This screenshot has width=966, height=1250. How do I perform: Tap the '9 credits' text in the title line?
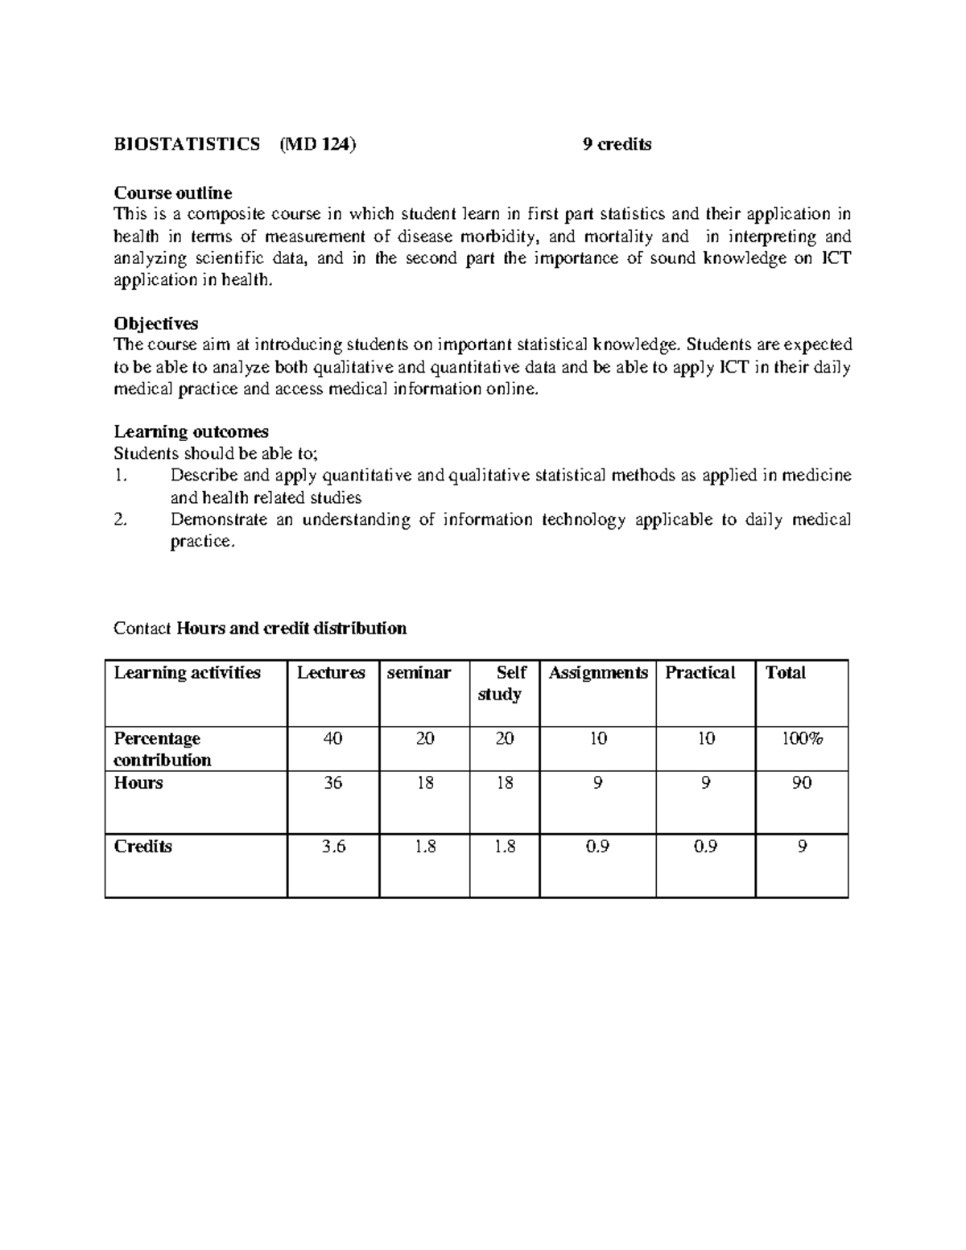[617, 145]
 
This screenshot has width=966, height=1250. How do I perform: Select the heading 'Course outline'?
[173, 193]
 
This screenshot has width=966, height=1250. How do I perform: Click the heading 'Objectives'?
[156, 324]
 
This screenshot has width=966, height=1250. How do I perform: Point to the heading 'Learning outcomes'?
[192, 431]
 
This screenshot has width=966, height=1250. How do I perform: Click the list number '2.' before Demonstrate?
[121, 520]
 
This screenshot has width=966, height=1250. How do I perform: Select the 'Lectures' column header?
[331, 673]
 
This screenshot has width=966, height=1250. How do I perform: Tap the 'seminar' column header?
[419, 673]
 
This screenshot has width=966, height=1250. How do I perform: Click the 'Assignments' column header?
[598, 673]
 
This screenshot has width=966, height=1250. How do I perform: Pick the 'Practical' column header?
[700, 673]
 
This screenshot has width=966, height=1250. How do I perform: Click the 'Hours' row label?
[138, 783]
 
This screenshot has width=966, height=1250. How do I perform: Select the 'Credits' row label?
[143, 847]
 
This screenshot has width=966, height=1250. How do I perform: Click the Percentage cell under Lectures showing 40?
[332, 739]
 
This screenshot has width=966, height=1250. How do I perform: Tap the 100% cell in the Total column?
[802, 739]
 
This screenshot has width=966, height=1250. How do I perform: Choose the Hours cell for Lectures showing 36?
[332, 783]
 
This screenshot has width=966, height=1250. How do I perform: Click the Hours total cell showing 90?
[801, 783]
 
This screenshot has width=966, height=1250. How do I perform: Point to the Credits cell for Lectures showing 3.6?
[333, 847]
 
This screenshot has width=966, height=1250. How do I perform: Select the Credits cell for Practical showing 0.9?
[706, 847]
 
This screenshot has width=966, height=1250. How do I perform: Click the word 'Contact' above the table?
[142, 629]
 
